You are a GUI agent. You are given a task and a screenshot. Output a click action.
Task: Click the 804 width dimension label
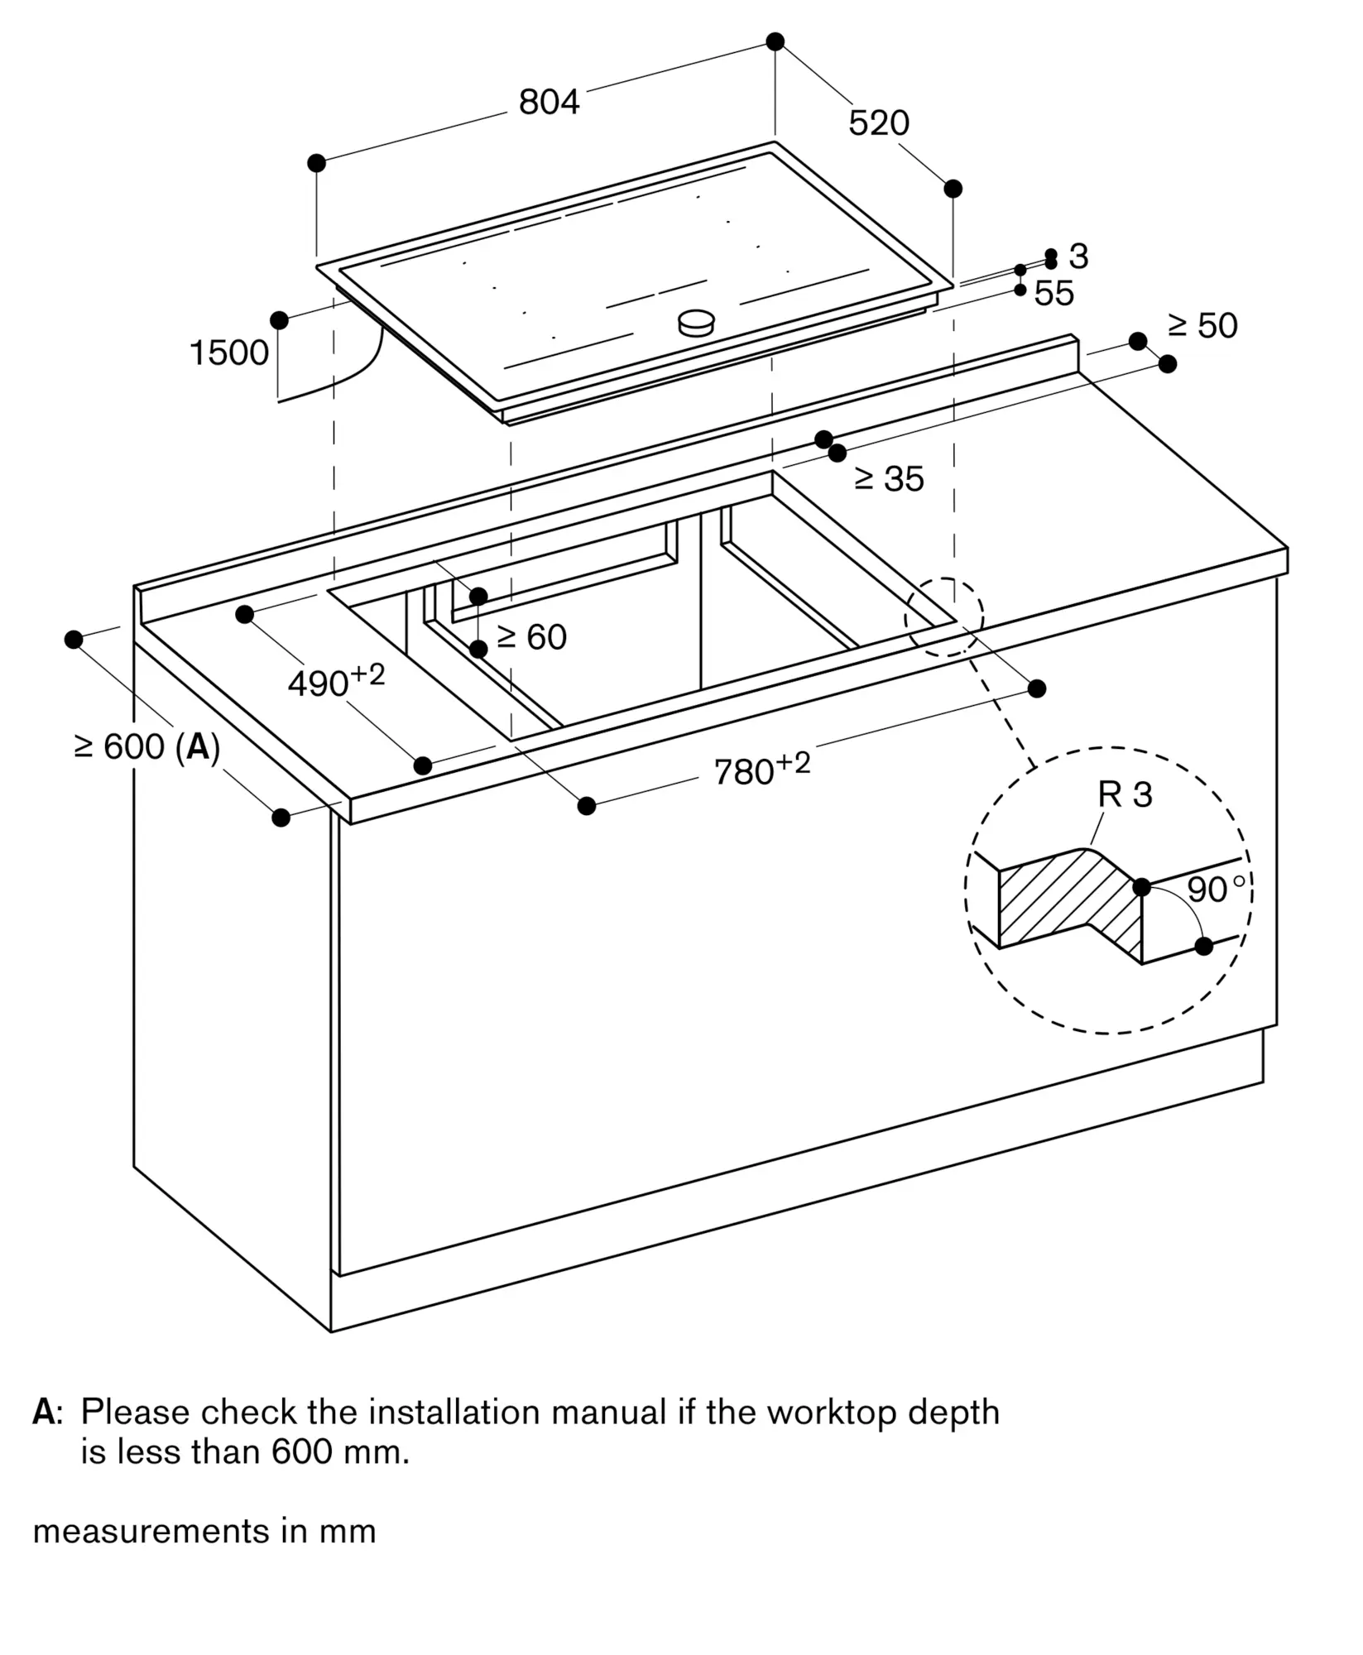[549, 102]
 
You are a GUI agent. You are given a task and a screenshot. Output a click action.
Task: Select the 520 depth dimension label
[878, 123]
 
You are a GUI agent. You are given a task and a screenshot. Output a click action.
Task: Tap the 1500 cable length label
[229, 353]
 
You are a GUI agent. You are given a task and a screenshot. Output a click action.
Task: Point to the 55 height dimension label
[1053, 294]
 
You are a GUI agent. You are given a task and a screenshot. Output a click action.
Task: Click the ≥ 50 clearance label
[1202, 326]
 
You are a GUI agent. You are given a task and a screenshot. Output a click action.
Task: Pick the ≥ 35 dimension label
[889, 479]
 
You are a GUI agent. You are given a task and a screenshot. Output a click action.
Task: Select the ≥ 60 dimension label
[531, 637]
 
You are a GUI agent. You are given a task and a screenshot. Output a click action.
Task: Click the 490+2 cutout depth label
[335, 681]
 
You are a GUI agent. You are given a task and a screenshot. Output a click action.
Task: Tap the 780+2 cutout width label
[761, 769]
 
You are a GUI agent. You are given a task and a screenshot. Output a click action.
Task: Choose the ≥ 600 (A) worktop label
[146, 747]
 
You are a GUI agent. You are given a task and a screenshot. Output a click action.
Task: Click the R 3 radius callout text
[1124, 795]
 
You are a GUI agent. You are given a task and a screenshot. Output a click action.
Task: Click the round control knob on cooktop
[695, 323]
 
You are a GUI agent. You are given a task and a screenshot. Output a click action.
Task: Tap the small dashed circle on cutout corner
[944, 616]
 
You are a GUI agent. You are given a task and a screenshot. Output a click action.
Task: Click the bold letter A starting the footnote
[43, 1412]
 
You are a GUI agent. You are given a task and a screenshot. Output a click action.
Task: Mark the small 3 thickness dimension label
[1077, 257]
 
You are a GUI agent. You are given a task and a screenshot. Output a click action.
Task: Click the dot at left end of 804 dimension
[316, 163]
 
